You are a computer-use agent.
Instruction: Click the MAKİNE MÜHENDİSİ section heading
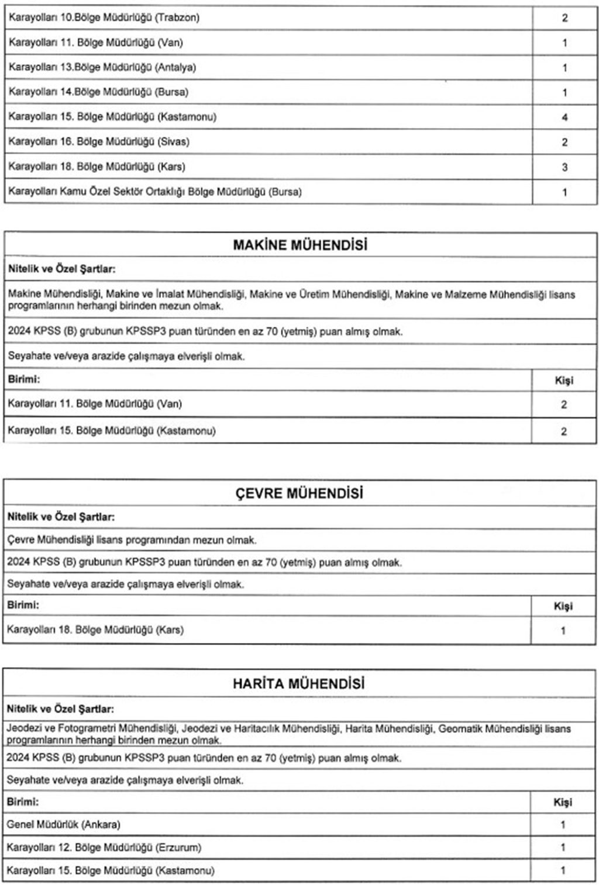[300, 245]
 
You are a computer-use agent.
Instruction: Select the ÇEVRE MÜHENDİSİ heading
[299, 493]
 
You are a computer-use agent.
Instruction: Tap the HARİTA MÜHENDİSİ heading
[298, 683]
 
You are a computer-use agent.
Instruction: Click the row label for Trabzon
[104, 18]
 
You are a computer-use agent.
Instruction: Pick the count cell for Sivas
[564, 142]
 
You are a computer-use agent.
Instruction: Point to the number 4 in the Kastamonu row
[564, 117]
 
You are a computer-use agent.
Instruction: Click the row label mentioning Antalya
[102, 67]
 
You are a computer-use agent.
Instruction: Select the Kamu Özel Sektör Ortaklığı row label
[155, 192]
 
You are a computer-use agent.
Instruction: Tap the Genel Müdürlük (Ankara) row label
[64, 824]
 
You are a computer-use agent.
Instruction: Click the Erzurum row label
[104, 847]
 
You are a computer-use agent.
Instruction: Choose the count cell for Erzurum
[563, 848]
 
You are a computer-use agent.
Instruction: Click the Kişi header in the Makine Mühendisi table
[564, 381]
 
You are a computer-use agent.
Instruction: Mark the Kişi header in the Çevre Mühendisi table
[563, 606]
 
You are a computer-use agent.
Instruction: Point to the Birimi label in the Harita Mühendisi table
[23, 801]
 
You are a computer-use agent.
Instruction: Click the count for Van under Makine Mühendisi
[564, 405]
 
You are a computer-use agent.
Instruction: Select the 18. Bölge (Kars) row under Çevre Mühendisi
[95, 630]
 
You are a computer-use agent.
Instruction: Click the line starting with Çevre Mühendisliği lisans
[132, 540]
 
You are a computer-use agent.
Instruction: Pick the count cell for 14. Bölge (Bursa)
[564, 92]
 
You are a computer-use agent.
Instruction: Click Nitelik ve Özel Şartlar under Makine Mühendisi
[61, 269]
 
